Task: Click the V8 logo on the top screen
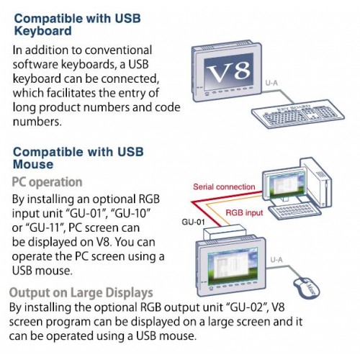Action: [229, 71]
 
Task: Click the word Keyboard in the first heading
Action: [42, 31]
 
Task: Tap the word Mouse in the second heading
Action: [33, 164]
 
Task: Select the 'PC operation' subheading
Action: [47, 182]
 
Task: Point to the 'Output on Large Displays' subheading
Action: [81, 293]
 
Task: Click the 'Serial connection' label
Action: [224, 186]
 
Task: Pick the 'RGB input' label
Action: [244, 212]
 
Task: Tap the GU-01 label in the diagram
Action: [193, 222]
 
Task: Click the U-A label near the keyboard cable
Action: [271, 83]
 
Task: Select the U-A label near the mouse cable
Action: [276, 260]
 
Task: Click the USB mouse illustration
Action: [307, 287]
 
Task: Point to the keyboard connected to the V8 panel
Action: [298, 114]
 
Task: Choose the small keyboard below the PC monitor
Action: [294, 210]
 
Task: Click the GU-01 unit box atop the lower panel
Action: [225, 232]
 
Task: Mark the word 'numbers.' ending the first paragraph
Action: [37, 122]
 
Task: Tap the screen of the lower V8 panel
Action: [233, 266]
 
